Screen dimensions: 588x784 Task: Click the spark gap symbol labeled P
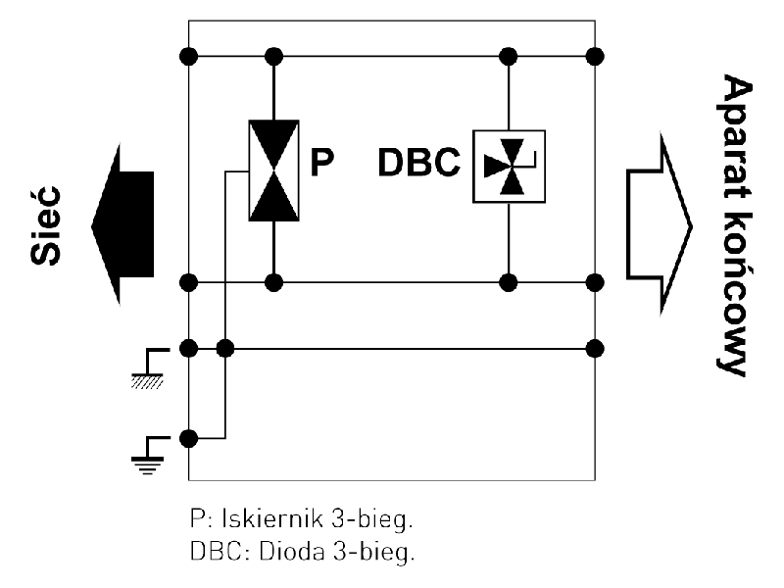click(274, 169)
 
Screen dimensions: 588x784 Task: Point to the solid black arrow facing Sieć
click(122, 223)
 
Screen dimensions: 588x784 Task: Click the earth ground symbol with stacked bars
click(148, 453)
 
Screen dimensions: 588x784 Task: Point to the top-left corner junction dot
click(188, 53)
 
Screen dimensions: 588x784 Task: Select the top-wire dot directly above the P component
click(274, 53)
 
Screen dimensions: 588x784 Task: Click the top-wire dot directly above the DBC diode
click(509, 53)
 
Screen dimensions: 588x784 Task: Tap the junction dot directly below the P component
click(274, 283)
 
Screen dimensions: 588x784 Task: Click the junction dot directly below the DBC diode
click(509, 283)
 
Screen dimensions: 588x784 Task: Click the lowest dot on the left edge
click(188, 437)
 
